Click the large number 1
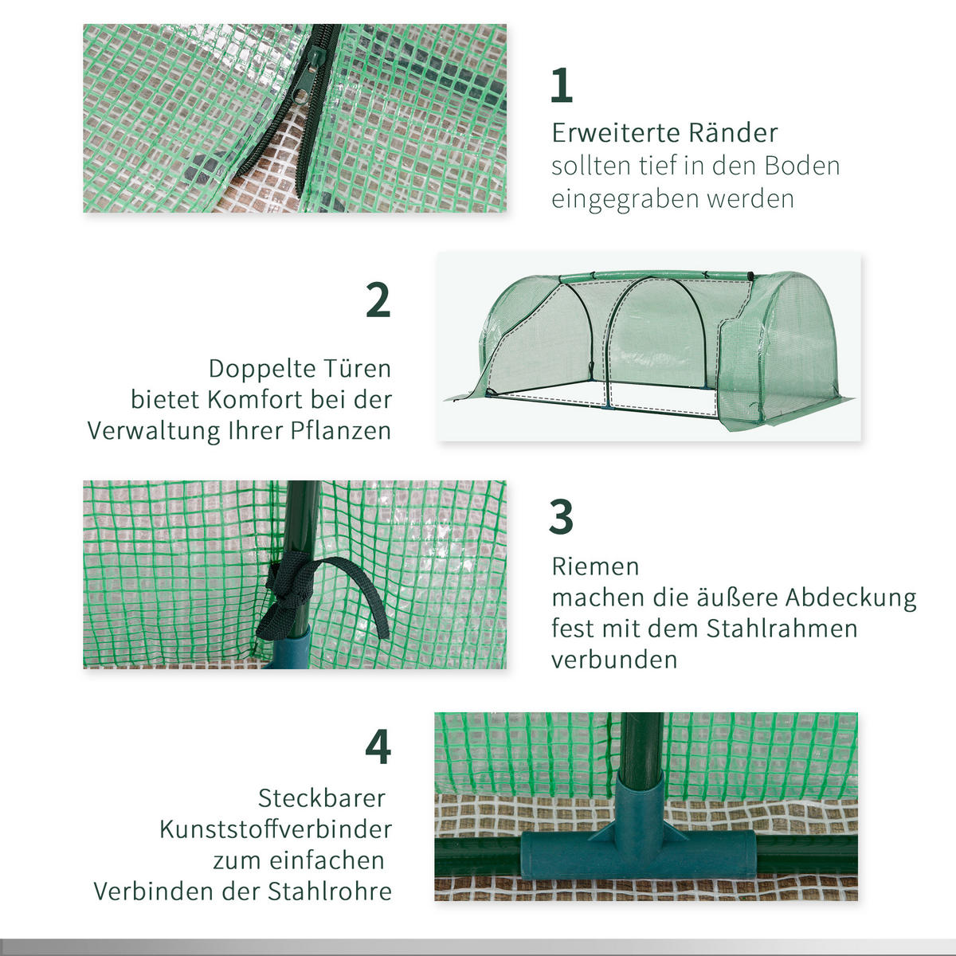pos(562,85)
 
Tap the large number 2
pos(378,300)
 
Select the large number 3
pos(561,517)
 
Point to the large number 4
pos(378,747)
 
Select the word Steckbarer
pos(322,798)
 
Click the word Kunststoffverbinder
pos(276,829)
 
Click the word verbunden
pos(614,660)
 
